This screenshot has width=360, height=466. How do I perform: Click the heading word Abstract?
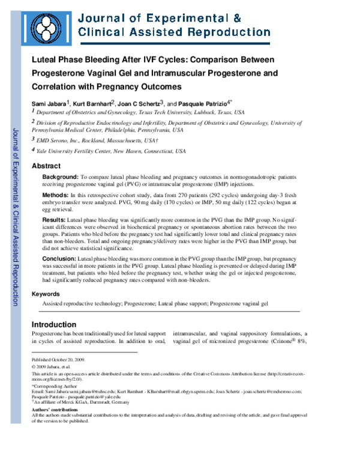pyautogui.click(x=46, y=166)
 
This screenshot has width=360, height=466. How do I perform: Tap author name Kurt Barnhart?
pyautogui.click(x=96, y=103)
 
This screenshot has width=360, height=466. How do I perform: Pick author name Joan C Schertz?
pyautogui.click(x=143, y=103)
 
